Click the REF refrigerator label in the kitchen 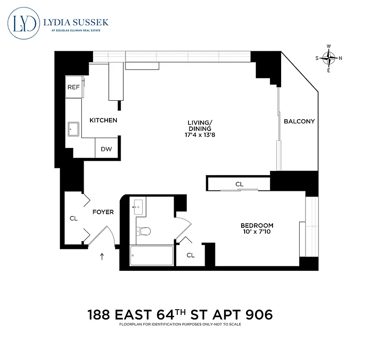[73, 87]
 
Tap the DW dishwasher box [106, 149]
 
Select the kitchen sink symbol [73, 130]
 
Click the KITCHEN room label [103, 120]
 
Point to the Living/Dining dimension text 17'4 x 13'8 [199, 135]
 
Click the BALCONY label [299, 121]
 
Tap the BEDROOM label [256, 225]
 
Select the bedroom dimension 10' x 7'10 [256, 232]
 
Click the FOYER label [103, 212]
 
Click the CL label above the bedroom [239, 184]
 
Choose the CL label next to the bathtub [191, 255]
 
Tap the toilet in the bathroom [143, 231]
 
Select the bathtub [151, 256]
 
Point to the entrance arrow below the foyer [102, 257]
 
